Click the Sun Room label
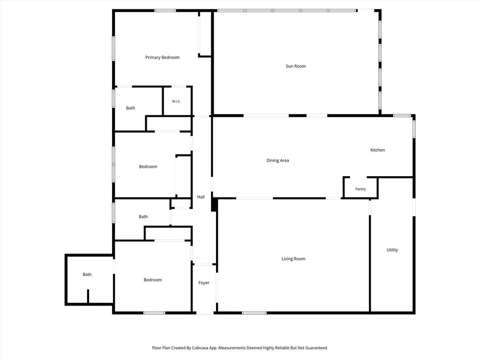coord(296,66)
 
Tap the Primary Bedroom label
coord(162,58)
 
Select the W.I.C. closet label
coord(176,101)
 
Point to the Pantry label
coord(360,189)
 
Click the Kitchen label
coord(377,150)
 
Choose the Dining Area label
coord(277,160)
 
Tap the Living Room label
coord(293,259)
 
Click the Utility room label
coord(392,250)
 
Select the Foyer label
coord(204,283)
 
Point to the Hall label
coord(201,197)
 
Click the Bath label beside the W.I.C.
coord(130,108)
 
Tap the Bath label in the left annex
coord(87,275)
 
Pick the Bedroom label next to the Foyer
coord(153,280)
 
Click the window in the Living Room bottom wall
coord(254,313)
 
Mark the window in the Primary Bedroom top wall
coord(165,11)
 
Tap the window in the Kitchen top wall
coord(402,116)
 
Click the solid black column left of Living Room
coord(214,204)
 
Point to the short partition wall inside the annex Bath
coord(88,296)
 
